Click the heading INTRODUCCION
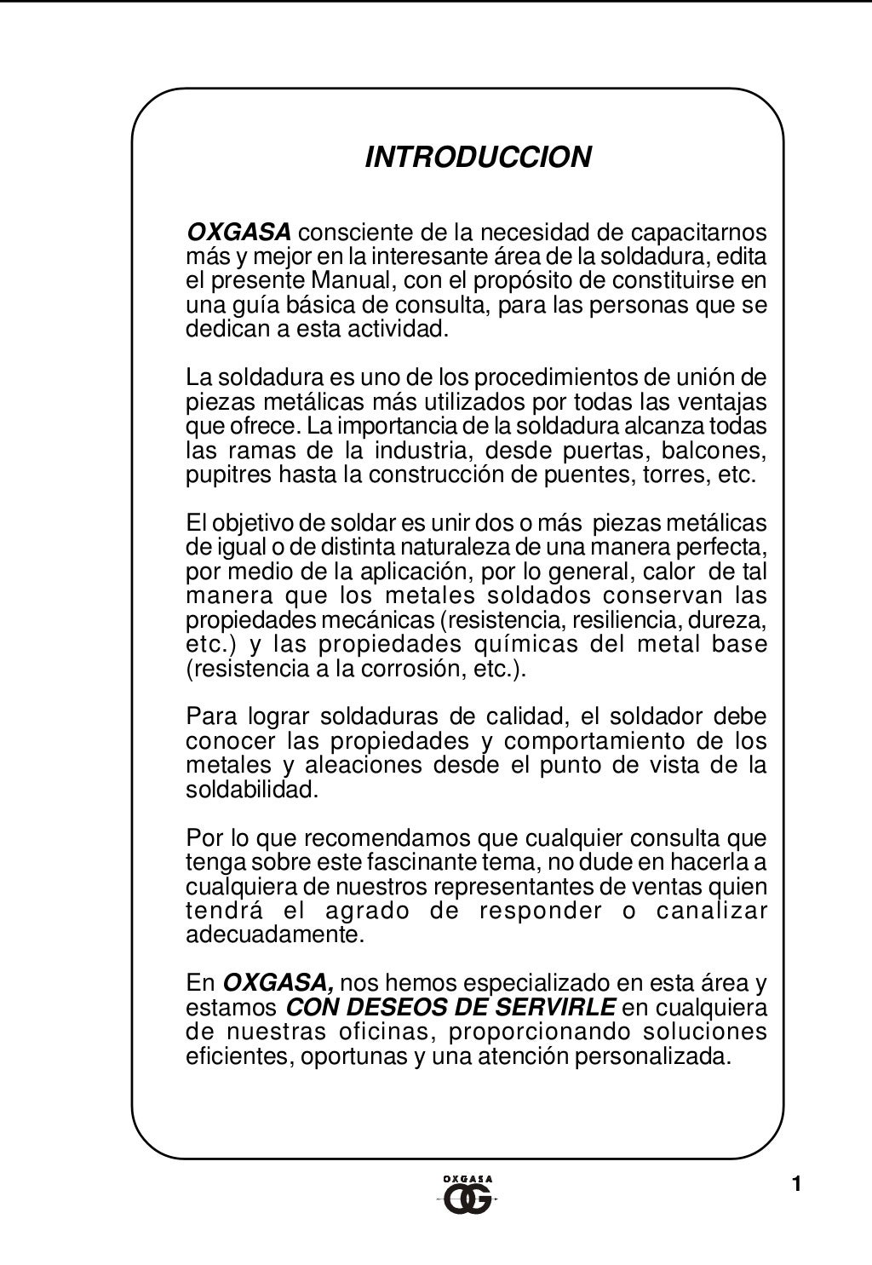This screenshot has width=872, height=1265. (478, 158)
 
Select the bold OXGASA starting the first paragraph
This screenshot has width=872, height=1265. (238, 232)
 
